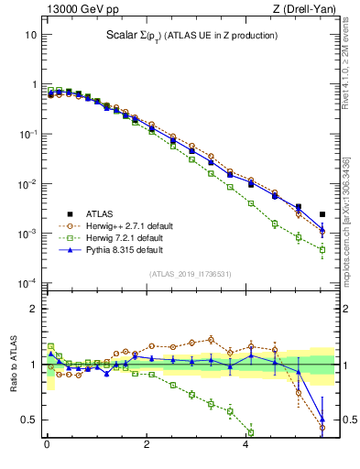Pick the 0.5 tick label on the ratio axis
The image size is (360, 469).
click(28, 420)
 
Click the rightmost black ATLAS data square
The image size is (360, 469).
click(322, 215)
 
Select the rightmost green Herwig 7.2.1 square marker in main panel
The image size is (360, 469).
click(322, 249)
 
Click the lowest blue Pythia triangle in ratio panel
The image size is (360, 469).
click(322, 419)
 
